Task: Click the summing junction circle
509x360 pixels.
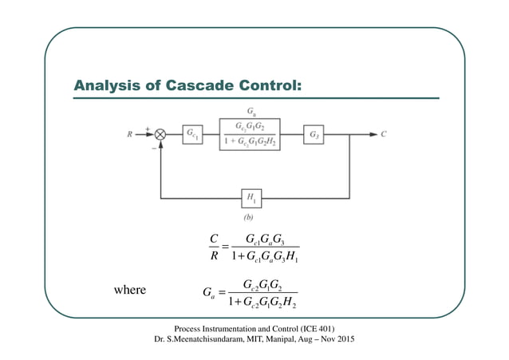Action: (160, 135)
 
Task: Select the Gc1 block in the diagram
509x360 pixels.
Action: (193, 135)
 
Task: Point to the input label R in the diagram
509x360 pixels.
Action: (130, 134)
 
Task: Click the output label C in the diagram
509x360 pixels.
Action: (384, 134)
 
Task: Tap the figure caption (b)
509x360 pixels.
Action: (253, 216)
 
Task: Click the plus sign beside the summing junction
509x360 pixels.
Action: (148, 128)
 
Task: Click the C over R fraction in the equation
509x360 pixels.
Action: (213, 247)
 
